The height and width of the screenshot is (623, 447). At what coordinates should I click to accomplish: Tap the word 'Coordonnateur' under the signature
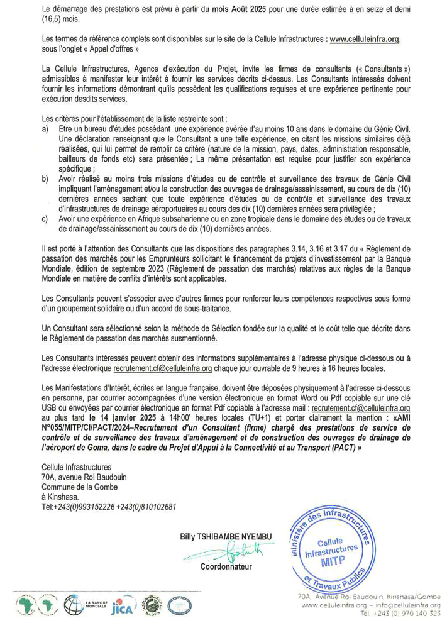coord(226,567)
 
